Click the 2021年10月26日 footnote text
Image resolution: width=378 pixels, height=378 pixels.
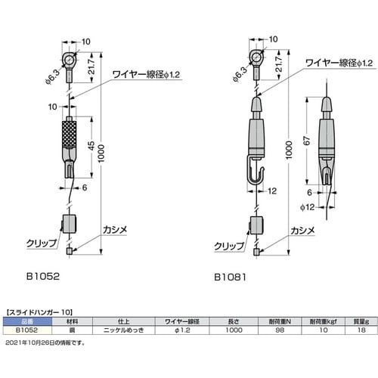click(x=45, y=342)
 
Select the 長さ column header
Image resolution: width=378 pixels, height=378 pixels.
click(x=234, y=321)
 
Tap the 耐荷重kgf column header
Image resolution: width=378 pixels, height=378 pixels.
click(x=321, y=321)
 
